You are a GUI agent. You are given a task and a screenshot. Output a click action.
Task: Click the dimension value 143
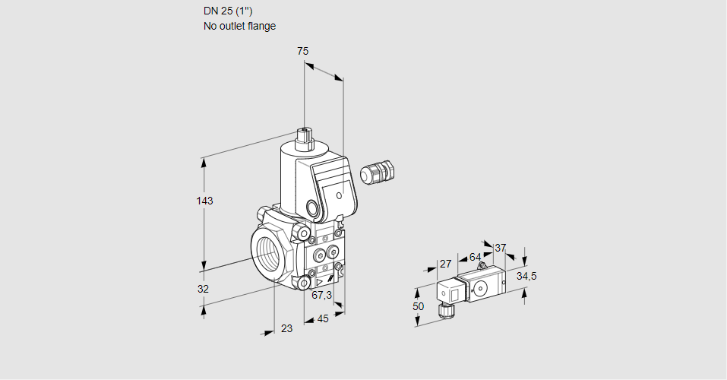(x=204, y=201)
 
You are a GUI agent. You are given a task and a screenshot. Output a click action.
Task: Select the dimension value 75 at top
(x=302, y=51)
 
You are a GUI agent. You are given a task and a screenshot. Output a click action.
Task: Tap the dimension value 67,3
(x=321, y=295)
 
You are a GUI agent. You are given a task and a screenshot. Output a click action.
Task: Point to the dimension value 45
(x=323, y=318)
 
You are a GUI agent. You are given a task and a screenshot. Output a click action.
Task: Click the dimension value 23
(x=286, y=328)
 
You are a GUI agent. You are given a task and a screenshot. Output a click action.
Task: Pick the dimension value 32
(x=203, y=289)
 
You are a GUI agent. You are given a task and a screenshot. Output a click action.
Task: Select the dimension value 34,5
(x=526, y=276)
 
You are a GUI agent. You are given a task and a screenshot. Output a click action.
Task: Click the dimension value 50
(x=418, y=306)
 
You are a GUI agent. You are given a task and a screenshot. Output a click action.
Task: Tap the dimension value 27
(x=446, y=264)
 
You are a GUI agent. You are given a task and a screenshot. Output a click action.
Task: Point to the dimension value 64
(x=475, y=257)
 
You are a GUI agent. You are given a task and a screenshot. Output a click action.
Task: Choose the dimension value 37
(x=500, y=248)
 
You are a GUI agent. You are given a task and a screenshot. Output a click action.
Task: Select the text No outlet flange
(x=239, y=26)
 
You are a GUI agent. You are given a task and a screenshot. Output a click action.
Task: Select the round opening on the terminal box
(x=312, y=207)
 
